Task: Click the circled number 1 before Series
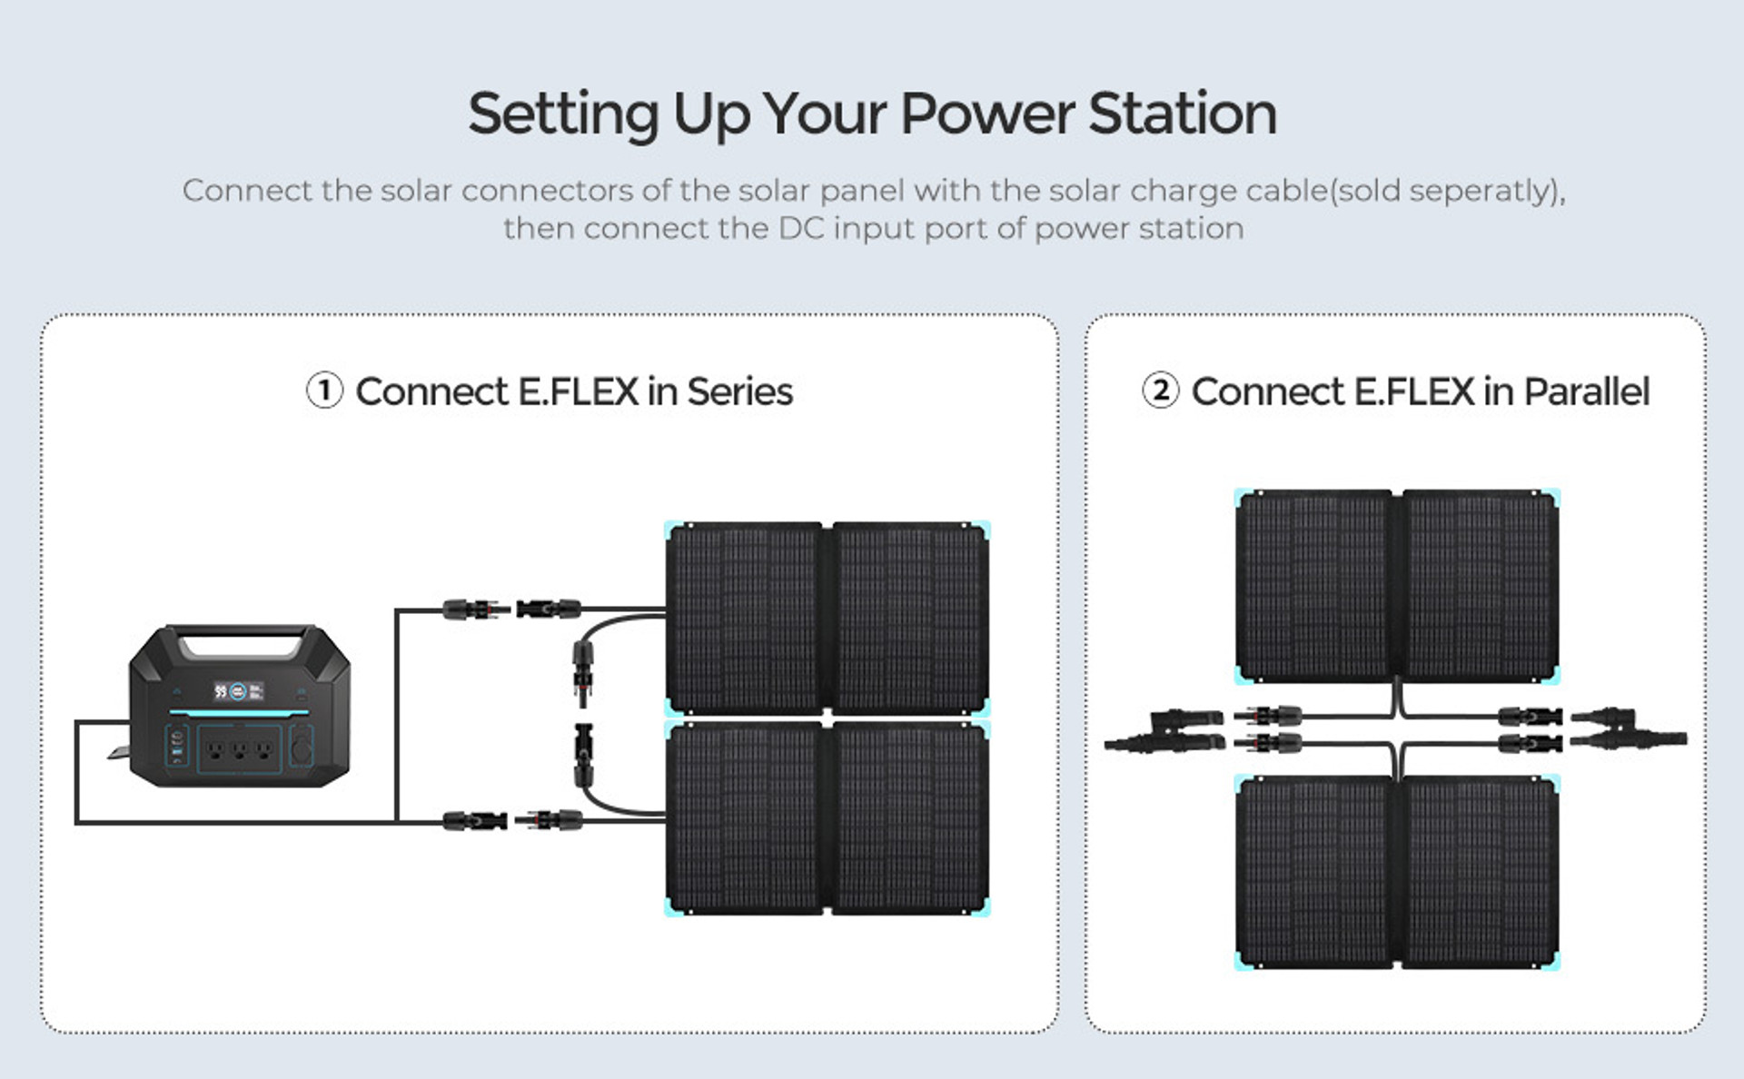[324, 391]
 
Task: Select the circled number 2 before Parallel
[1160, 391]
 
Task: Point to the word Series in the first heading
[739, 391]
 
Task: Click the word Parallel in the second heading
[1586, 391]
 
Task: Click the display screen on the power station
[238, 691]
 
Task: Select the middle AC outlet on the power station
[239, 750]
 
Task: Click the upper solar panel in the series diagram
[827, 618]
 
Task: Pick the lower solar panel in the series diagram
[827, 817]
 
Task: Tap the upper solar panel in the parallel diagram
[1397, 586]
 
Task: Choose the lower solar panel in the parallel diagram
[1397, 872]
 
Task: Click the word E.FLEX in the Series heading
[579, 391]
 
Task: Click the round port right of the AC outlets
[301, 747]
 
